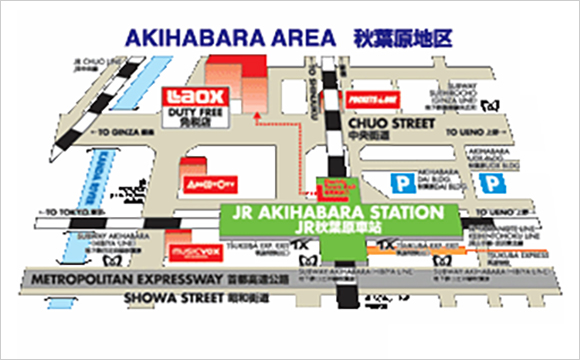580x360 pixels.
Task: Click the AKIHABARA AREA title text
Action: coord(227,39)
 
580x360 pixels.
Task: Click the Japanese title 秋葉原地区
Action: coord(403,39)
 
